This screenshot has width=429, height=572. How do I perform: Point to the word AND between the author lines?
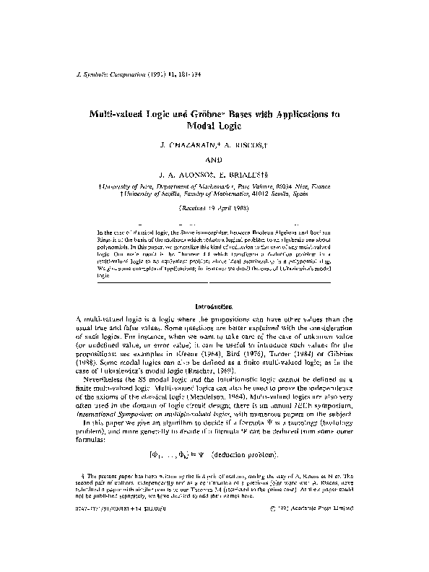[214, 160]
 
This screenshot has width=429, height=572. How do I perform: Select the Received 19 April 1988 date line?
[214, 207]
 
